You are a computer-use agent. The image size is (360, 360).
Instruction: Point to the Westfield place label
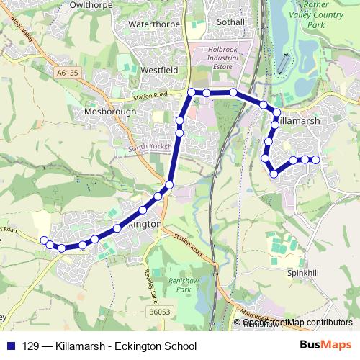(x=160, y=71)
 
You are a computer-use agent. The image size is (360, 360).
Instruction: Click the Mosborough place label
(x=109, y=112)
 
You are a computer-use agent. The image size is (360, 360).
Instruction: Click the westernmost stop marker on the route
(x=44, y=240)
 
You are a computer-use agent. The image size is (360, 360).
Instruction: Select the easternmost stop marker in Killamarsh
(x=315, y=159)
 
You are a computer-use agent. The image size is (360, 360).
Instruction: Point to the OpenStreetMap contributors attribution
(x=297, y=323)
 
